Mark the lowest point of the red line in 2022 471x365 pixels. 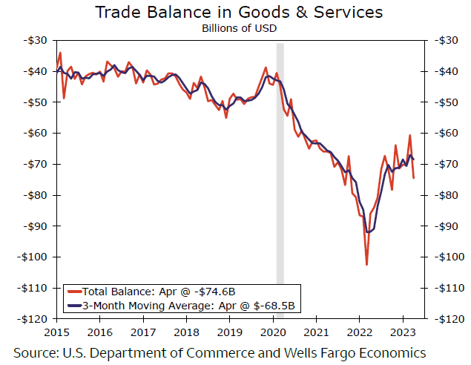[x=366, y=264]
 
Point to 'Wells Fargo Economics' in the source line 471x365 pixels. [x=363, y=351]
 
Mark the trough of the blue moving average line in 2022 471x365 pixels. [x=368, y=233]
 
